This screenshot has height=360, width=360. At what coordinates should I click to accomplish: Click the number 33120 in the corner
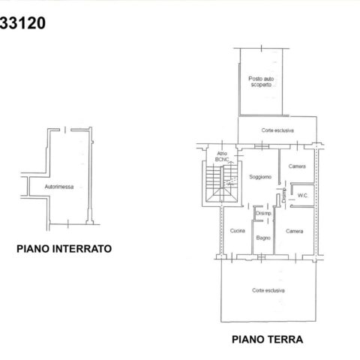(x=22, y=23)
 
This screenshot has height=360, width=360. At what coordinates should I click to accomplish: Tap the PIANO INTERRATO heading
(x=64, y=249)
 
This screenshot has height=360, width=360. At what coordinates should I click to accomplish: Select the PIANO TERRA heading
(x=268, y=340)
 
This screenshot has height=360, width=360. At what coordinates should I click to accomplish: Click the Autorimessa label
(x=59, y=187)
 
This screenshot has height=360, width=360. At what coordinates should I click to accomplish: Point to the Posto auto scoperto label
(x=261, y=82)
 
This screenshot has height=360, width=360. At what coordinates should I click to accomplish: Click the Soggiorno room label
(x=260, y=177)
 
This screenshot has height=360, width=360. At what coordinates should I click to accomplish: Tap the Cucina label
(x=238, y=230)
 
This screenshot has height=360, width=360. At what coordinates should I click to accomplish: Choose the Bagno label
(x=263, y=238)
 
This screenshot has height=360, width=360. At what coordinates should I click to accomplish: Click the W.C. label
(x=302, y=196)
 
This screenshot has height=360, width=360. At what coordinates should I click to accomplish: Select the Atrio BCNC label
(x=222, y=156)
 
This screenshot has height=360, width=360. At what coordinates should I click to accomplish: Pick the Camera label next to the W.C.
(x=297, y=166)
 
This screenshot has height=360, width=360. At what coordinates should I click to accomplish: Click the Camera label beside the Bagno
(x=295, y=231)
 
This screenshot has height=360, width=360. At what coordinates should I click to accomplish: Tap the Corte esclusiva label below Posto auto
(x=277, y=130)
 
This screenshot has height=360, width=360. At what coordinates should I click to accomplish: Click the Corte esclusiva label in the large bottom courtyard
(x=268, y=290)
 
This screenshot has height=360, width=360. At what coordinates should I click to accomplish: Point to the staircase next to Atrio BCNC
(x=222, y=184)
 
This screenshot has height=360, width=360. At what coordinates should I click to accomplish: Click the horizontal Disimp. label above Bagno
(x=264, y=214)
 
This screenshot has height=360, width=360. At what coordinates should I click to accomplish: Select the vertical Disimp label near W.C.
(x=283, y=195)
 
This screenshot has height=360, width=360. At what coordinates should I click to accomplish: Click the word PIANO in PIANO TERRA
(x=247, y=340)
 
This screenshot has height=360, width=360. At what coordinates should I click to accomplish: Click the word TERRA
(x=285, y=340)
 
